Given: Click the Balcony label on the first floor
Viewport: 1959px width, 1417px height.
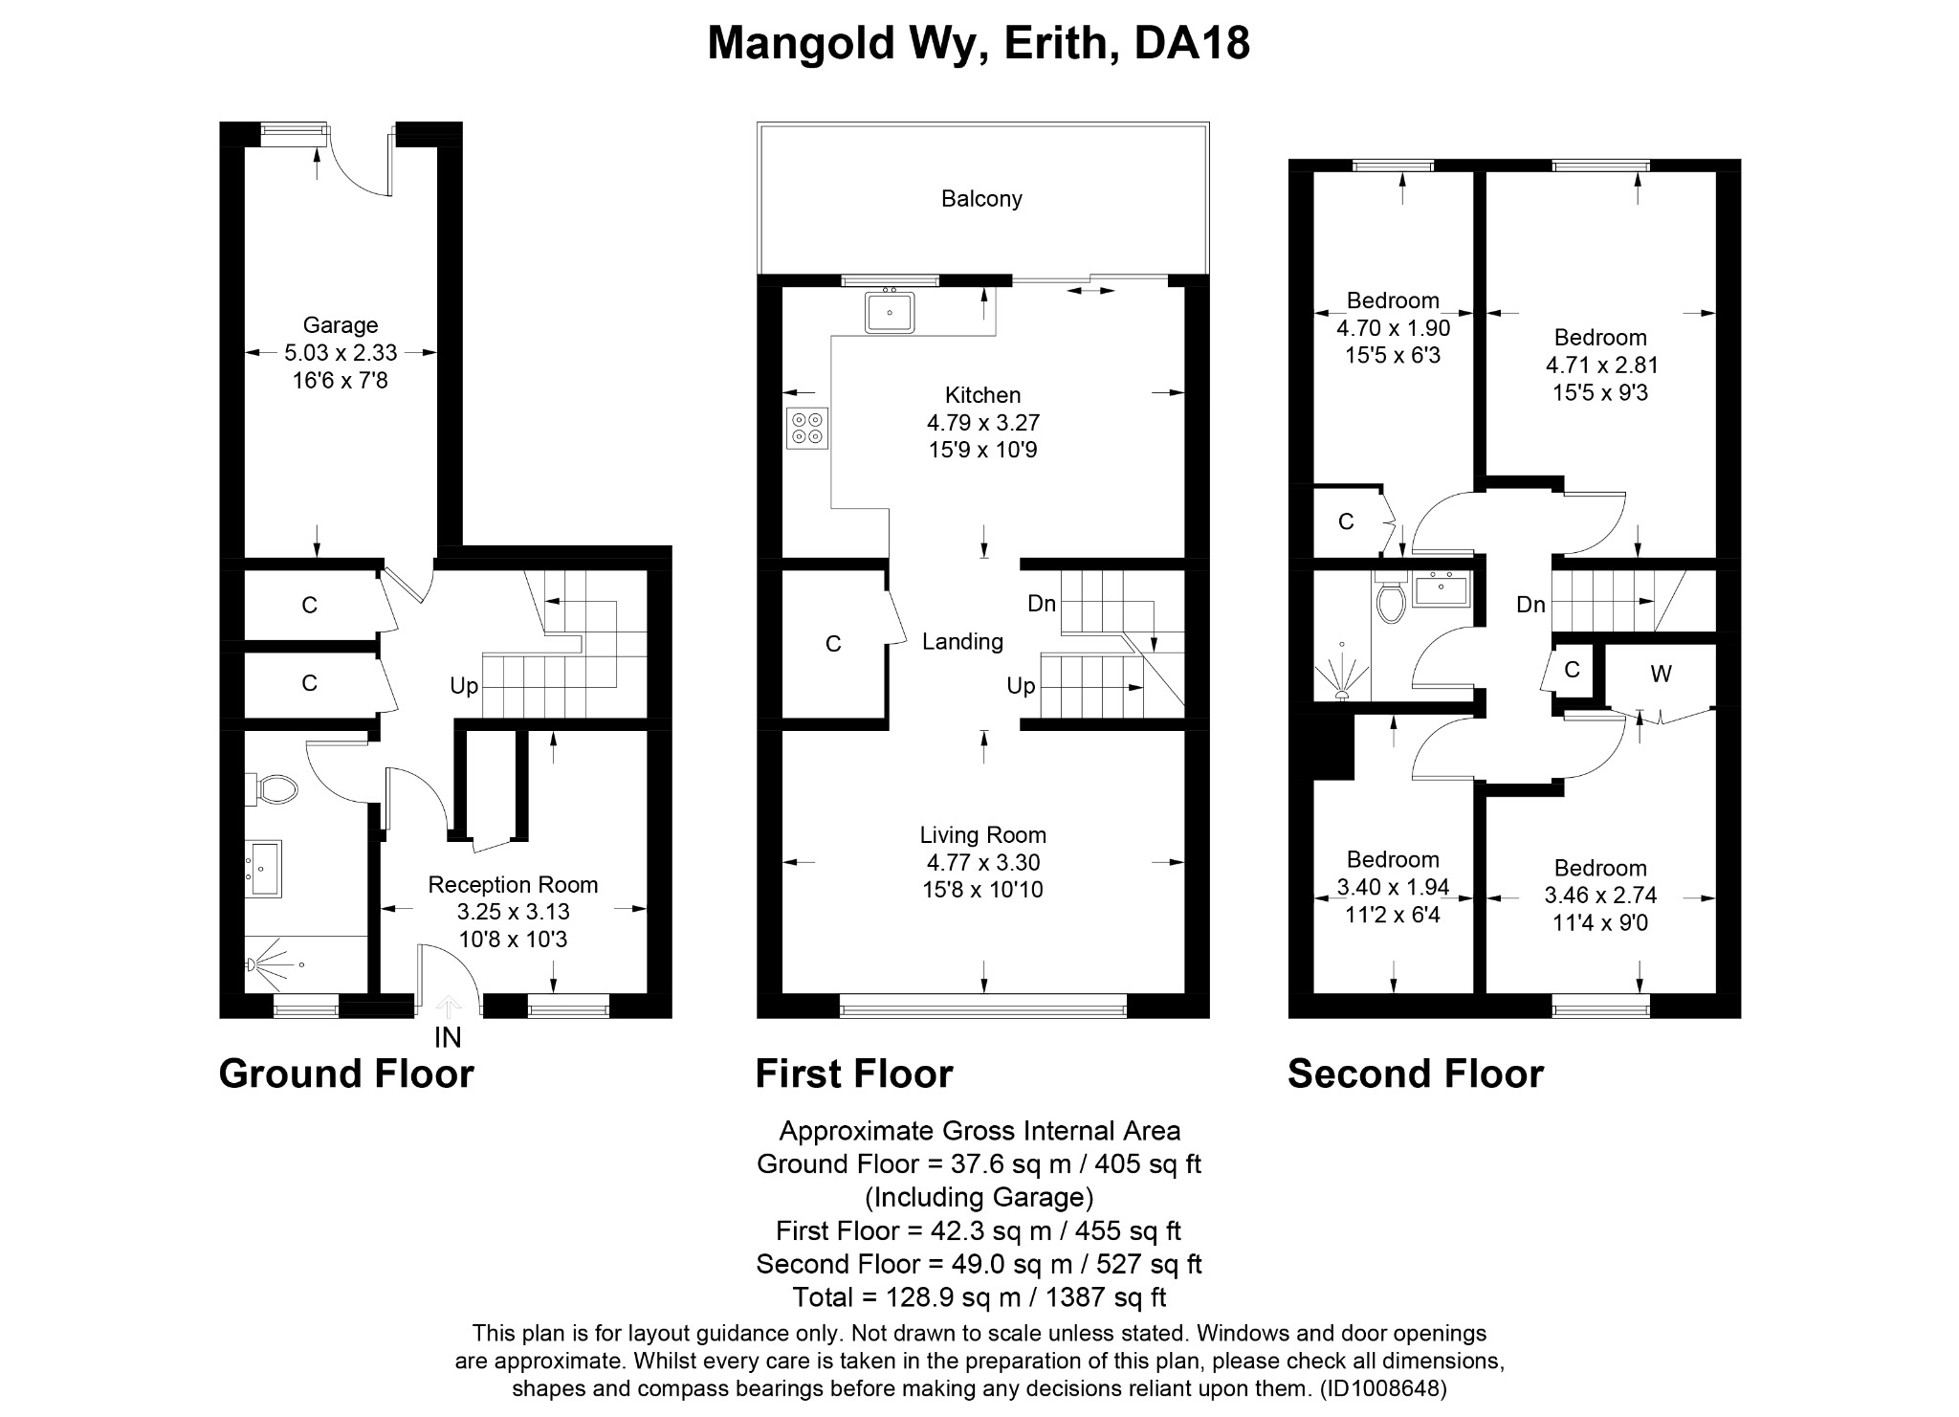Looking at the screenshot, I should point(981,199).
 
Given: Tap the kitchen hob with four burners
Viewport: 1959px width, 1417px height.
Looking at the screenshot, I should point(807,428).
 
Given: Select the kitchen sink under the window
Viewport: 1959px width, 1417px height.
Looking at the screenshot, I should point(890,312).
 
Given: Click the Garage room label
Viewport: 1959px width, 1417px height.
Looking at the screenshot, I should point(341,325).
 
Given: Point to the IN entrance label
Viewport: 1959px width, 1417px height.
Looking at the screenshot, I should point(448,1037).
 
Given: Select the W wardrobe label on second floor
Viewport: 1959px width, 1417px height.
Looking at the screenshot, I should point(1661,675).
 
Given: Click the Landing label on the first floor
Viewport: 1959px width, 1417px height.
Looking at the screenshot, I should point(962,642).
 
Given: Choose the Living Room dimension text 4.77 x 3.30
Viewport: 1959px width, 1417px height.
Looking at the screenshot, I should point(982,862).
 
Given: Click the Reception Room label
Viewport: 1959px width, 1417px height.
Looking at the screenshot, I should point(513,885).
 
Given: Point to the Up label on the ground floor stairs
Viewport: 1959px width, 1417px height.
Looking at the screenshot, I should point(464,686).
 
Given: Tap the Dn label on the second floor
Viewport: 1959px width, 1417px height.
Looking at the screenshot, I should point(1530,605).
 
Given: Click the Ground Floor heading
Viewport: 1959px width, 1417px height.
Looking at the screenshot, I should point(346,1074).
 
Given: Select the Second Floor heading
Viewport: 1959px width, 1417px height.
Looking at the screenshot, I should point(1415,1074).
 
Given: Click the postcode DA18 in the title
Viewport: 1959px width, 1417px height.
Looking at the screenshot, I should point(1192,44).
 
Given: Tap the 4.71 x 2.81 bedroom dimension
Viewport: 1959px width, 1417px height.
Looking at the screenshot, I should point(1600,365).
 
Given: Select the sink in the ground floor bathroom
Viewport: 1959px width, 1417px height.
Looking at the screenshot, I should point(265,868).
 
